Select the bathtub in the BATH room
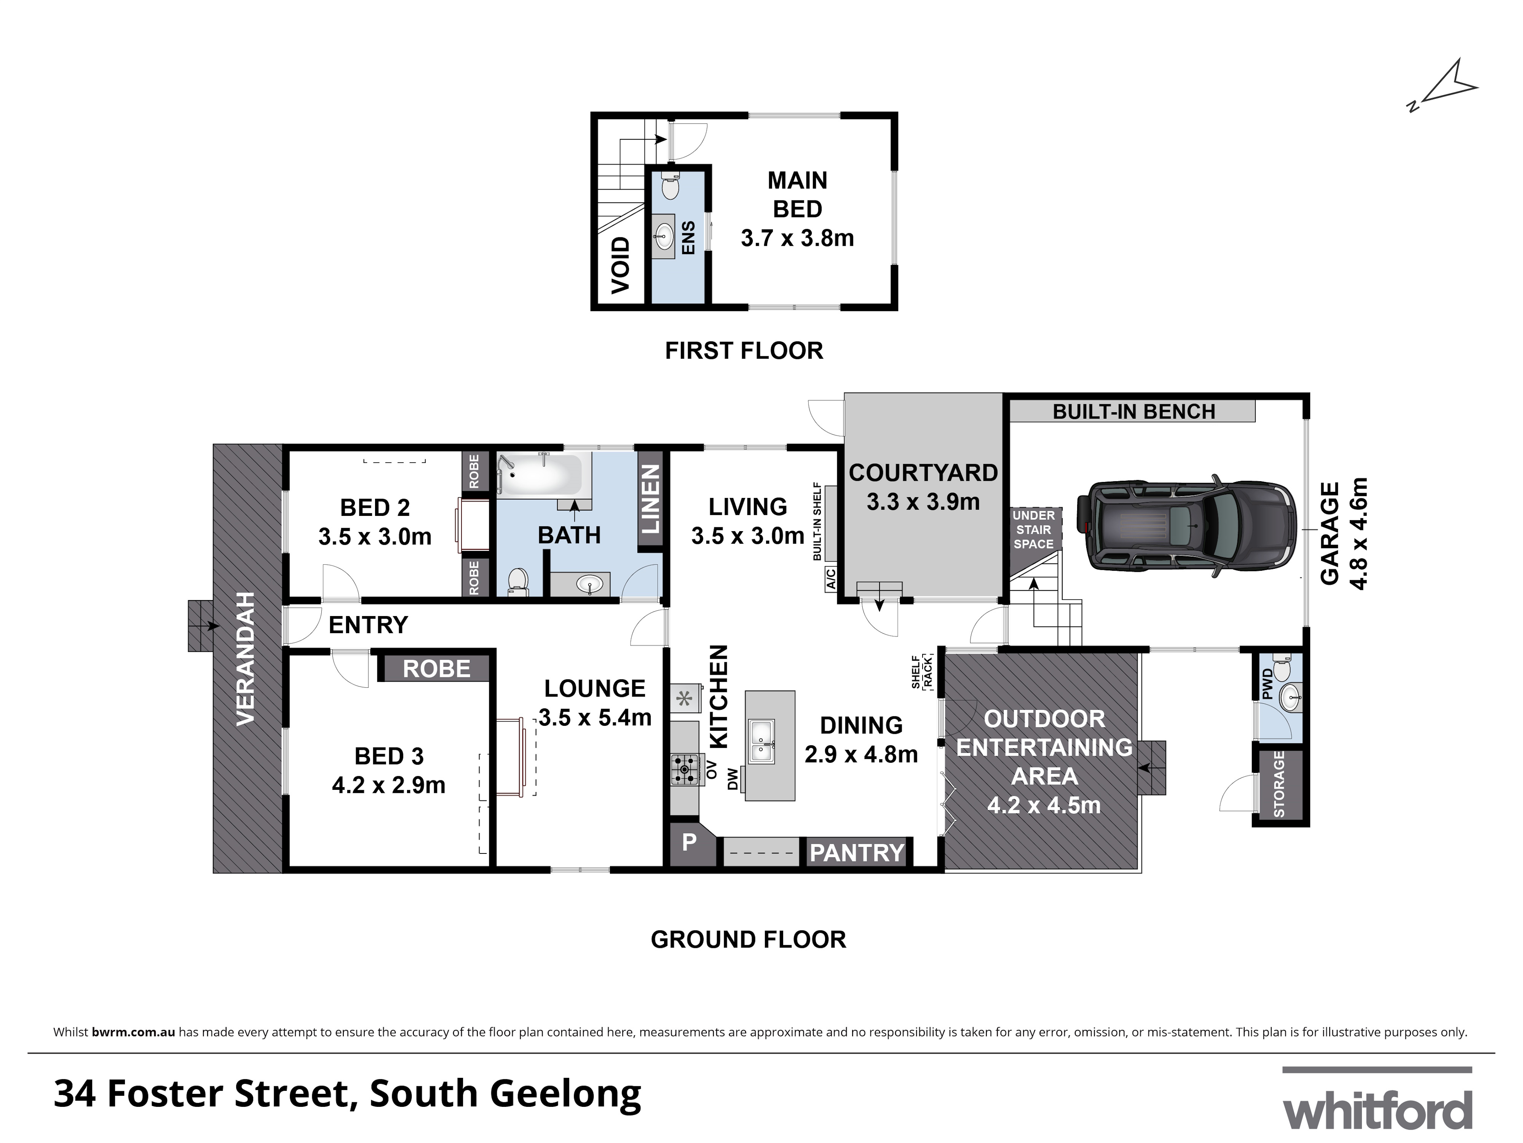541,474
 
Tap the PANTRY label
857,853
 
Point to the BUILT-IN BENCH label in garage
1133,411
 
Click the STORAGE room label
1279,784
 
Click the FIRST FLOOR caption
744,351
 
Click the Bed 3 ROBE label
436,668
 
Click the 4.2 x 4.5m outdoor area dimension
1044,805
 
